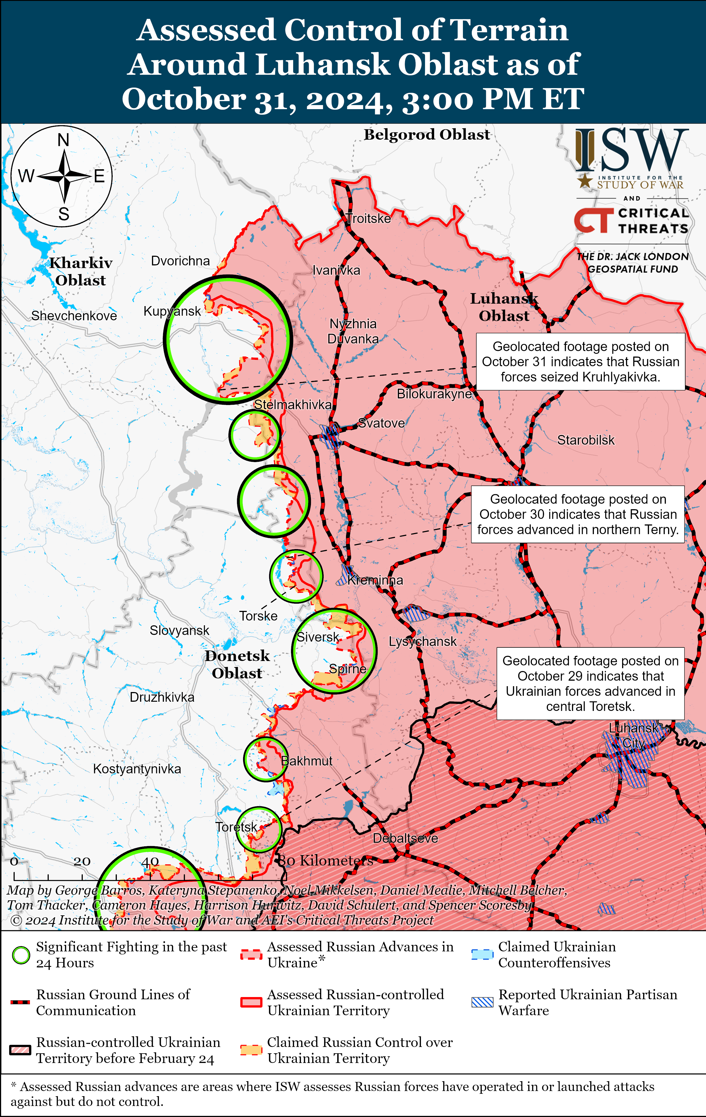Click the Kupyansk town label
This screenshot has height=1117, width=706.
click(x=172, y=311)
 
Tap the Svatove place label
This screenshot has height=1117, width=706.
click(x=382, y=423)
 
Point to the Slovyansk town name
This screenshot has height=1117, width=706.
click(x=179, y=631)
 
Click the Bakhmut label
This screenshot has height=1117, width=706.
click(x=307, y=761)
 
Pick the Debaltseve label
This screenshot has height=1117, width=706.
click(x=405, y=838)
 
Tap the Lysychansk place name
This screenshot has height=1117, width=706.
click(x=422, y=642)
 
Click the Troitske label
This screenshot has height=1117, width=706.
click(x=369, y=219)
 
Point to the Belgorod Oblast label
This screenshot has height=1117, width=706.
click(x=426, y=135)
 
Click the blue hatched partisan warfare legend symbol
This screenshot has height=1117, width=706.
click(x=482, y=1002)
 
